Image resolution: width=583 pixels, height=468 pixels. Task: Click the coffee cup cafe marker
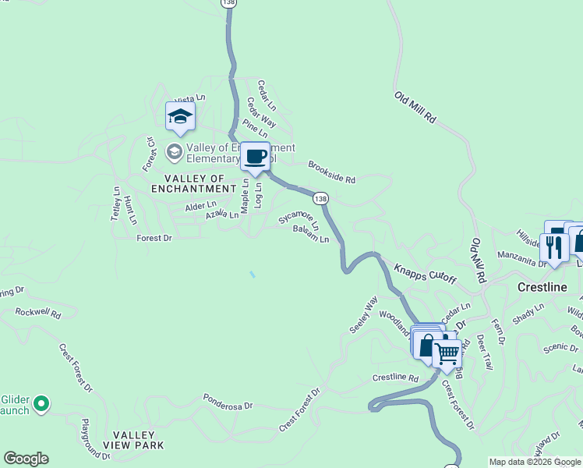pyautogui.click(x=255, y=157)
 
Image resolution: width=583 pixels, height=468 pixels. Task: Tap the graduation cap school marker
pyautogui.click(x=180, y=117)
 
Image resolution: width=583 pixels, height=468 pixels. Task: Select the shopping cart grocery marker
pyautogui.click(x=447, y=353)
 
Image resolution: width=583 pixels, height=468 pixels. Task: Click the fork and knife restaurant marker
pyautogui.click(x=553, y=247)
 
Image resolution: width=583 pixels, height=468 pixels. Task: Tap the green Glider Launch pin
pyautogui.click(x=42, y=404)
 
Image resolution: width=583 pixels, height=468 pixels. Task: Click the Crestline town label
pyautogui.click(x=542, y=287)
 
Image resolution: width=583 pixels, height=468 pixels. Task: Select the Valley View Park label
pyautogui.click(x=138, y=440)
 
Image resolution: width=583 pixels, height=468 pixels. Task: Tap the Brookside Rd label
pyautogui.click(x=331, y=172)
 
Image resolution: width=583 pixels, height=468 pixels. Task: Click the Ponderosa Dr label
pyautogui.click(x=228, y=401)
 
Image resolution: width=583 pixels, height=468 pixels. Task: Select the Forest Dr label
pyautogui.click(x=154, y=238)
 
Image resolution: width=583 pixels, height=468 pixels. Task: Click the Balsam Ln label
pyautogui.click(x=311, y=233)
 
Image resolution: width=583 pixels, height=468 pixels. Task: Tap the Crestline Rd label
pyautogui.click(x=395, y=378)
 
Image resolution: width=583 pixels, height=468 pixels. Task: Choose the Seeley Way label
pyautogui.click(x=363, y=314)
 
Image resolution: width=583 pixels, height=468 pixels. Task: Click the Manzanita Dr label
pyautogui.click(x=521, y=264)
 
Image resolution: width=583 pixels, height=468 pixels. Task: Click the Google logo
pyautogui.click(x=26, y=459)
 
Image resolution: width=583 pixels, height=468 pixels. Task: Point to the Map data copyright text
pyautogui.click(x=535, y=462)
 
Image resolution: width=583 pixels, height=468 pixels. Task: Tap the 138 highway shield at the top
pyautogui.click(x=228, y=4)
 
